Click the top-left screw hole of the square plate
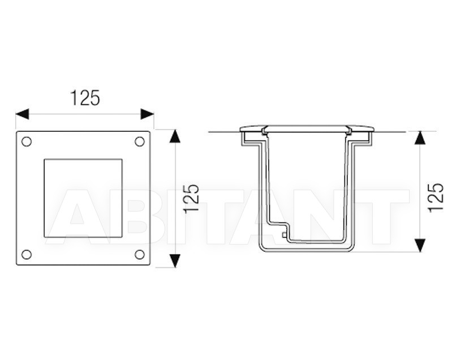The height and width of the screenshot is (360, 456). point(27,142)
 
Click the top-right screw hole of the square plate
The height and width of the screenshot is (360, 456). point(140,142)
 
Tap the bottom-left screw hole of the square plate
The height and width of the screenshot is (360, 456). point(27,254)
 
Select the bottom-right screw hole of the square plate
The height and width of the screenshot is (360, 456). point(140,254)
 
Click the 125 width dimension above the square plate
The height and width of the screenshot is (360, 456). point(85,98)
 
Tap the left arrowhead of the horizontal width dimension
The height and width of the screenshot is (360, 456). point(22,114)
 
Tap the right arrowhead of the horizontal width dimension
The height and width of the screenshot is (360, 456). point(147,114)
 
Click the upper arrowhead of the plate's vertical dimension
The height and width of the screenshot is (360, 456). point(174,136)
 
